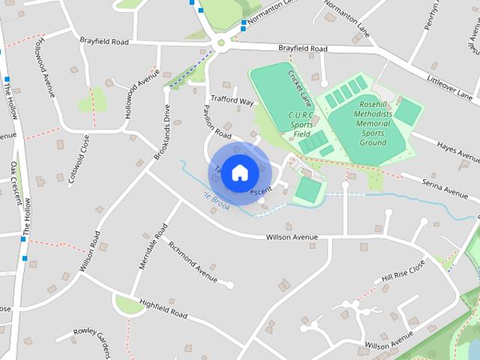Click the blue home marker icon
coord(239,172)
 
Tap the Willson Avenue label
coord(292,237)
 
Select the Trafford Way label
coord(232,101)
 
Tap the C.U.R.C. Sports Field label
coord(301,124)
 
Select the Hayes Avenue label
coord(457,152)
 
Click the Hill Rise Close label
coord(403,271)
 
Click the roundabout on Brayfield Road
coord(220,43)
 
